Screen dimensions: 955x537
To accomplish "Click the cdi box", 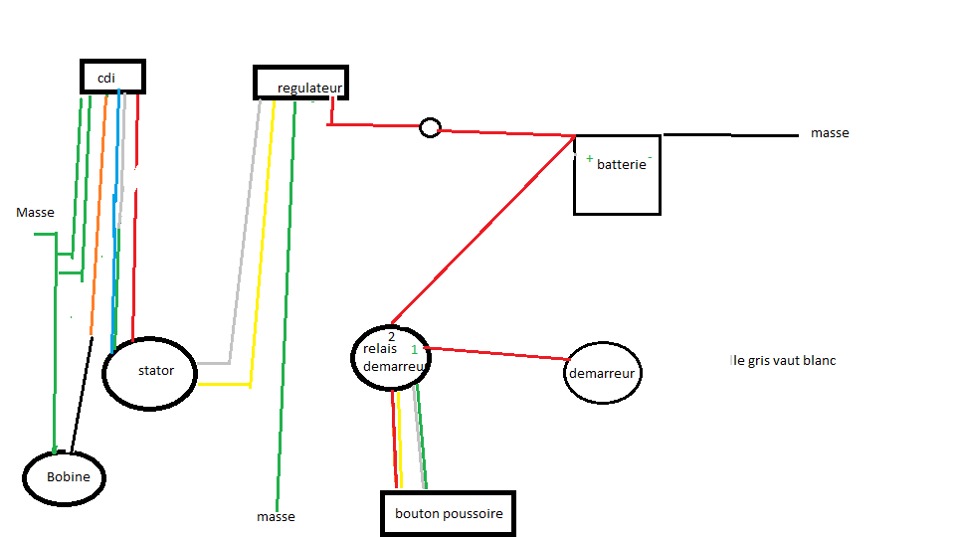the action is tap(112, 61).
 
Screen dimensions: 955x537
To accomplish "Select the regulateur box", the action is tap(300, 67).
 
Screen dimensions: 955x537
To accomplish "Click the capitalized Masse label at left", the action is tap(36, 213).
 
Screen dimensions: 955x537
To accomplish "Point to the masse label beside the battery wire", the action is tap(830, 133).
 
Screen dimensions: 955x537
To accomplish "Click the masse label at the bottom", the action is tap(276, 517).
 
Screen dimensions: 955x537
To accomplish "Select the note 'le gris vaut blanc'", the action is tap(783, 361).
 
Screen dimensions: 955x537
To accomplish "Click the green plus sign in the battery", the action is tap(590, 159).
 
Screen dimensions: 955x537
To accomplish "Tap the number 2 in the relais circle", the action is tap(391, 337).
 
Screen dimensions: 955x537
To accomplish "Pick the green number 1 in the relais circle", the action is tap(415, 350).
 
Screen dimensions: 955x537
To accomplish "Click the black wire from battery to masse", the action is tap(731, 135).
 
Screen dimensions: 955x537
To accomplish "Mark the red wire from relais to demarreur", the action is tap(496, 354).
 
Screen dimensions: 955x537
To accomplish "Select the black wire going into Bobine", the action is tap(82, 395).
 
